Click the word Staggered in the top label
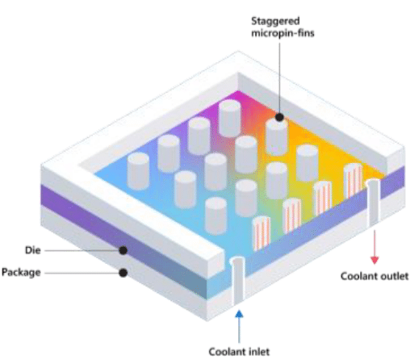click(275, 22)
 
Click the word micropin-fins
click(282, 33)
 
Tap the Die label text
click(33, 250)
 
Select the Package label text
click(21, 272)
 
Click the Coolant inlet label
click(239, 352)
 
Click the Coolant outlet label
click(374, 276)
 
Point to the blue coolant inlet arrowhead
click(239, 314)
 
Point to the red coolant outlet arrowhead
click(374, 260)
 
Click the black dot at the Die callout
click(123, 250)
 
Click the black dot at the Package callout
click(123, 273)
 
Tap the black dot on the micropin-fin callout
click(279, 117)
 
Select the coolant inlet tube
click(238, 281)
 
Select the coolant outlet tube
click(374, 203)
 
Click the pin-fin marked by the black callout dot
click(277, 137)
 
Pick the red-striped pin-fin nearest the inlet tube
click(261, 233)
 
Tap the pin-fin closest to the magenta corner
click(229, 119)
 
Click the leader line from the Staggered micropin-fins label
click(279, 77)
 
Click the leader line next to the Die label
click(82, 250)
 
